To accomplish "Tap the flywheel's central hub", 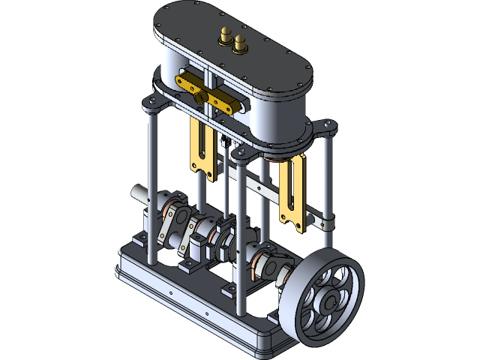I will click(x=328, y=301).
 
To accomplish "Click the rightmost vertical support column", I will click(x=328, y=187).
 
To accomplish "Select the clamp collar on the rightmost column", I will click(x=324, y=223).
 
